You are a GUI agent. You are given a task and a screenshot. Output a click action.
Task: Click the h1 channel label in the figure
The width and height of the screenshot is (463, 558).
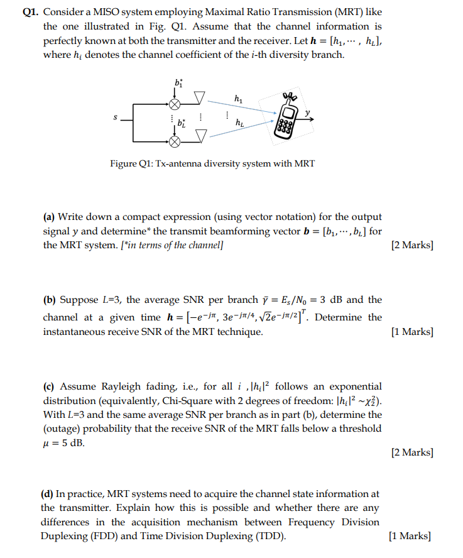[x=237, y=98]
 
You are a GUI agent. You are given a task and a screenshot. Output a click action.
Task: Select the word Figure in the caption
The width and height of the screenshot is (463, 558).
[x=124, y=163]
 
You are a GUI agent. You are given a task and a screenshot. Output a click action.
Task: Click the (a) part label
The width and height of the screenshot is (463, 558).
[x=49, y=217]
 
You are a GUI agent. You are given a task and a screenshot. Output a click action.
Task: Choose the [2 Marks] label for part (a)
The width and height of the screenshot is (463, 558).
[x=411, y=245]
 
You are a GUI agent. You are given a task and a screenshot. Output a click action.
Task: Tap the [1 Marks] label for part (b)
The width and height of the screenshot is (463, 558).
[x=411, y=331]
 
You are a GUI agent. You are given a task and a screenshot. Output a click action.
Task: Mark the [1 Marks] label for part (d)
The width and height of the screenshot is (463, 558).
[x=410, y=536]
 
